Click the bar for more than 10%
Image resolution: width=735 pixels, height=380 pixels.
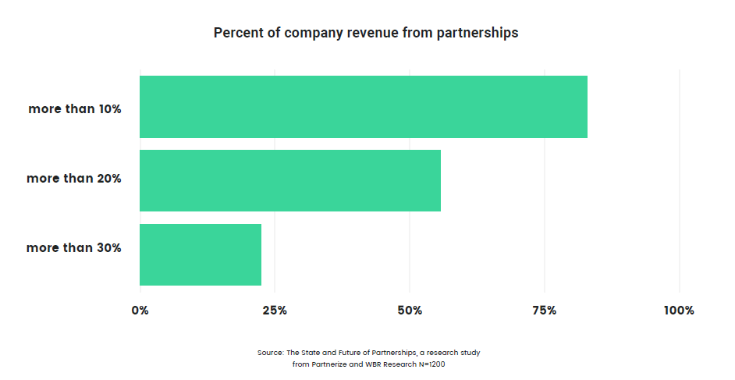(363, 107)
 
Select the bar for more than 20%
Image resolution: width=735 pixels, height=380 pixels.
(289, 180)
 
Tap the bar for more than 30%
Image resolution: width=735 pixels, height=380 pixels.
(200, 254)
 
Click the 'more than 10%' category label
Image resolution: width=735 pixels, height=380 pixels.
(75, 109)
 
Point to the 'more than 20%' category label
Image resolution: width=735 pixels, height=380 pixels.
(74, 179)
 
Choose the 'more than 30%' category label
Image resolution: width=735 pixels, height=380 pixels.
(74, 248)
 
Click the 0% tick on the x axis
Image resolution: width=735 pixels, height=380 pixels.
(140, 311)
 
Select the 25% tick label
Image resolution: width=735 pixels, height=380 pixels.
(275, 311)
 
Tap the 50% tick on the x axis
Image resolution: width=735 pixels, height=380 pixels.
(410, 311)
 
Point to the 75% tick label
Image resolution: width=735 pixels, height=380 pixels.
(545, 311)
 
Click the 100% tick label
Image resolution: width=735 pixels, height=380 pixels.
(679, 311)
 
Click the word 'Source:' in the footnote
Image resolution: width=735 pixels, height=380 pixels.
(271, 353)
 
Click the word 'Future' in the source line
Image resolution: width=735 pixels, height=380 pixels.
(348, 353)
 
